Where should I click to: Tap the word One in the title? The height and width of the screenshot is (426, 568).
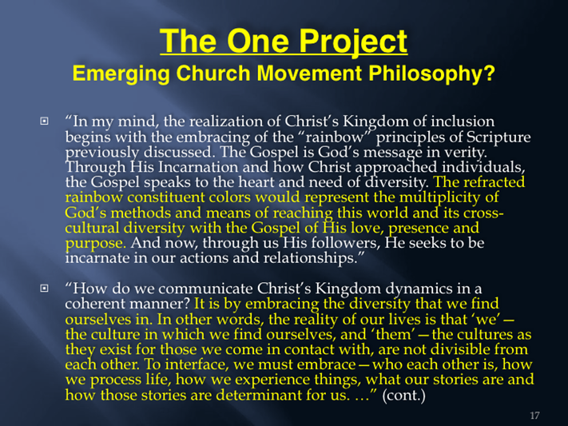coord(258,41)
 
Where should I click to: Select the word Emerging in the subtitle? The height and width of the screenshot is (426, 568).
coord(121,74)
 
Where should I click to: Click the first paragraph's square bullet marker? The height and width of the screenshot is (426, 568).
coord(44,121)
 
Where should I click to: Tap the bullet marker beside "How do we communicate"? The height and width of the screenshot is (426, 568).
coord(44,289)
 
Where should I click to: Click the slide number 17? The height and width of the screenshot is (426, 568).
coord(534,415)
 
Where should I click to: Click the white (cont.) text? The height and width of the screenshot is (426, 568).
coord(403,395)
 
